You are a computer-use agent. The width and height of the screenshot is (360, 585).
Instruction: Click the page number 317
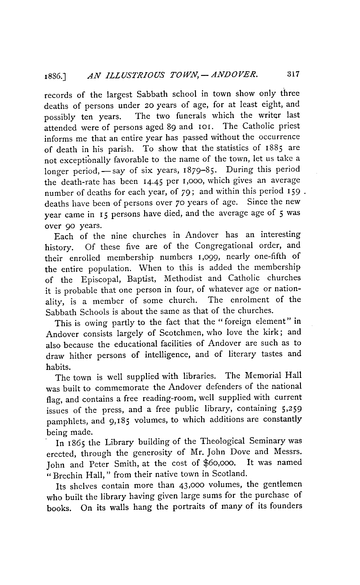tap(293, 74)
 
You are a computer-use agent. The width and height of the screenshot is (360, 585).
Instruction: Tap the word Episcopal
tap(102, 279)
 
